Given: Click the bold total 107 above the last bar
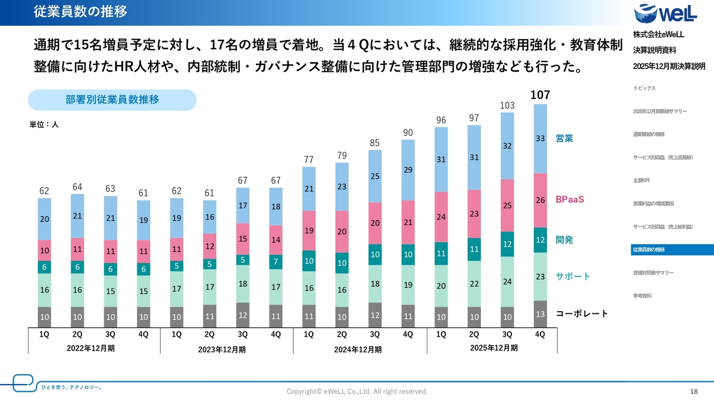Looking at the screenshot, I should click(540, 95).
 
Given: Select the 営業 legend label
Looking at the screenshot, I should click(564, 138).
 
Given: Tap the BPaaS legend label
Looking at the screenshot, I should click(570, 199).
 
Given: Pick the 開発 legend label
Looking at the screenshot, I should click(564, 240).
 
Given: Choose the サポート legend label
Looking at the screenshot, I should click(572, 276).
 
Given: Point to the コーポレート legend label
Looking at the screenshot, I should click(582, 314).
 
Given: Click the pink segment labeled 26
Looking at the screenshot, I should click(540, 200).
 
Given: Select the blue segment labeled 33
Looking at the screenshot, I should click(540, 138).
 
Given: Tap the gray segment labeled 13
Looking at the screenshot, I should click(540, 314).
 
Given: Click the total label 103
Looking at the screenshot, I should click(506, 106).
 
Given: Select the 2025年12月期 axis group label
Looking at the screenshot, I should click(494, 348).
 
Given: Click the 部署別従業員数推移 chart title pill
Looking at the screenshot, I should click(112, 100).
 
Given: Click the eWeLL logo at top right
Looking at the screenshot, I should click(665, 13).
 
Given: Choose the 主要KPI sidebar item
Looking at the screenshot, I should click(641, 180).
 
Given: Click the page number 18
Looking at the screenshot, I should click(694, 391).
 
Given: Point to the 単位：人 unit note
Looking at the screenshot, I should click(44, 125).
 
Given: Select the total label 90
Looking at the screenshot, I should click(408, 132).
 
